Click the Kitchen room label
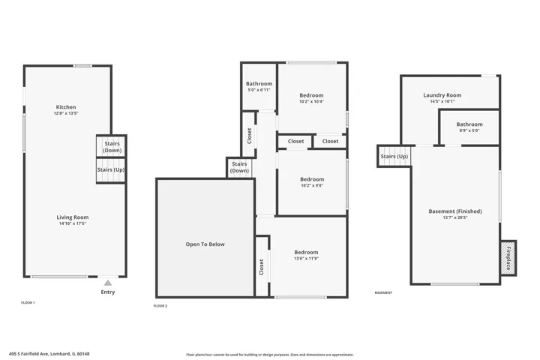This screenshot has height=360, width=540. coord(66,107)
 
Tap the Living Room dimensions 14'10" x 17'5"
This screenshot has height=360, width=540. coord(73,223)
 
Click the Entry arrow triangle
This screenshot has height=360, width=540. coord(108,283)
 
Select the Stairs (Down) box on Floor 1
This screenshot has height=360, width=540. coord(112,146)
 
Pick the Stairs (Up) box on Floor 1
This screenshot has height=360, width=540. coord(111,170)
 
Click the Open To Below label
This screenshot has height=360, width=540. coord(205,244)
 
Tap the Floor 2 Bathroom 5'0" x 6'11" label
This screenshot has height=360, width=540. coord(259,86)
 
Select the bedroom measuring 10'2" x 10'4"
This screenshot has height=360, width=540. coord(312,97)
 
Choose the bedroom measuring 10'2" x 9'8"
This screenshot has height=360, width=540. coord(312,182)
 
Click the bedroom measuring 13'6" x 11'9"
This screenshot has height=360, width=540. coord(306,255)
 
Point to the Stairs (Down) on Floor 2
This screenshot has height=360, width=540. coord(239,167)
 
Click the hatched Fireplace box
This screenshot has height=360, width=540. coord(508,258)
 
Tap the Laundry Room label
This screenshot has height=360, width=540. coord(442,95)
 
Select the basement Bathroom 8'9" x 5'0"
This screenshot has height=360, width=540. coord(469,127)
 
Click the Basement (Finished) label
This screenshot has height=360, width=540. coord(455,211)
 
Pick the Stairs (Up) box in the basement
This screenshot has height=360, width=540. coord(394,157)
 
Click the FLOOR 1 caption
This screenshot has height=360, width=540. coord(28,303)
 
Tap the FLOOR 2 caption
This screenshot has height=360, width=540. coord(160,306)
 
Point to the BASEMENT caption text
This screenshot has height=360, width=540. coord(383,292)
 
